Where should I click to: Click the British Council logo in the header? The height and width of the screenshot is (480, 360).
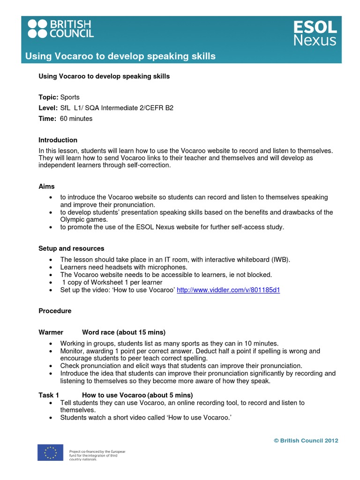[60, 29]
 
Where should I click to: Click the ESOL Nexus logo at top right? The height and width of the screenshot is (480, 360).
[315, 33]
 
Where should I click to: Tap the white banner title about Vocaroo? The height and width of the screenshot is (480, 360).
[120, 56]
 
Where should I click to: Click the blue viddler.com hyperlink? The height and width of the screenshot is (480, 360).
[228, 290]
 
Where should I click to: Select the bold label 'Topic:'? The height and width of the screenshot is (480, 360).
[48, 97]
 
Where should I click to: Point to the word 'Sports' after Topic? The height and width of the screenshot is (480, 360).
[70, 97]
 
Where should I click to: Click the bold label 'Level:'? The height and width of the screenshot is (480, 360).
[48, 108]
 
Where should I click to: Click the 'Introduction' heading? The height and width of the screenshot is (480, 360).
[58, 140]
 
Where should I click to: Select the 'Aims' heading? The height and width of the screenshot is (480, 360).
[46, 186]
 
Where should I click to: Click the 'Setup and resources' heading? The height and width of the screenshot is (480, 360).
[71, 248]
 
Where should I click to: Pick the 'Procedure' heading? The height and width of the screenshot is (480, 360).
[55, 311]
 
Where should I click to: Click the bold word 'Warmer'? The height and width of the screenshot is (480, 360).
[51, 332]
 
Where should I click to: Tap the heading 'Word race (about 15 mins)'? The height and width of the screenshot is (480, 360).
[123, 332]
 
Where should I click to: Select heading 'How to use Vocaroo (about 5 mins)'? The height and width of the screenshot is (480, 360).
[137, 395]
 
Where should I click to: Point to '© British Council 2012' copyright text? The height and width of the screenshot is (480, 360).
[306, 440]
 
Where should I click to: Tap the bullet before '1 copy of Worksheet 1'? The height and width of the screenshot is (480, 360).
[50, 283]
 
